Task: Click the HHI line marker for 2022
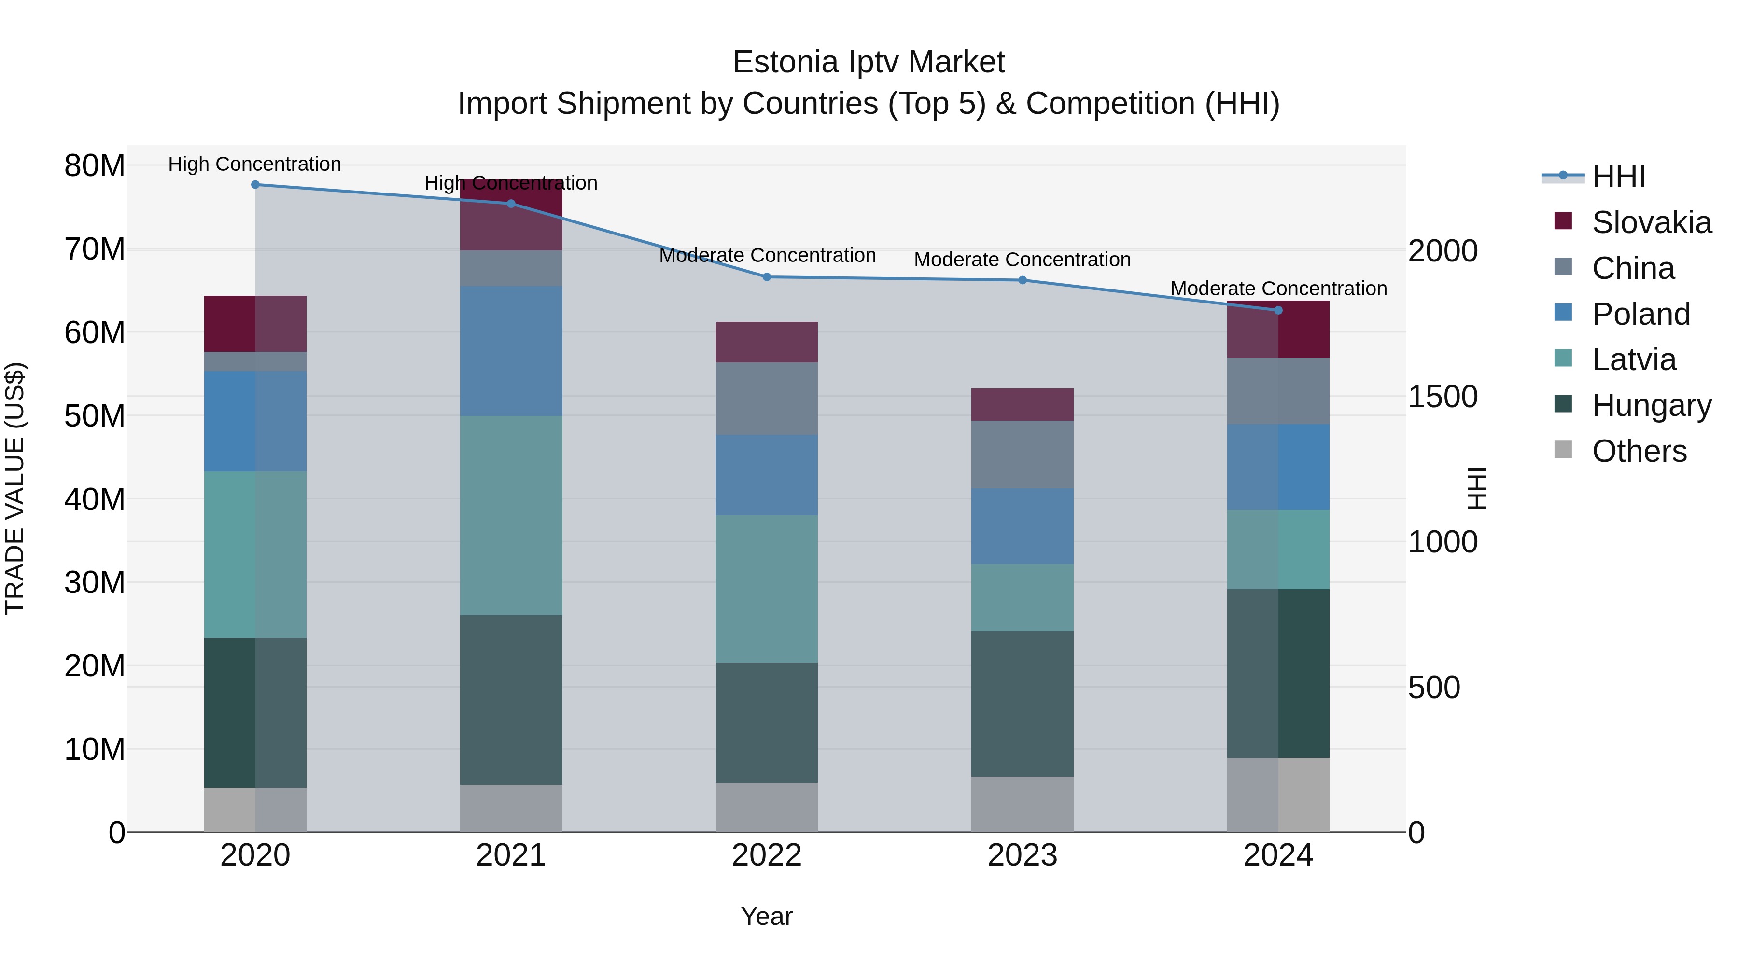point(767,277)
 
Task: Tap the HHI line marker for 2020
point(255,185)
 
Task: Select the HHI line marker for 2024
point(1278,310)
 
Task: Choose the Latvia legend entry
point(1633,359)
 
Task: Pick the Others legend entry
point(1638,451)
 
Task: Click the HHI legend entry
point(1618,177)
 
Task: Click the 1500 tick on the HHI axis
point(1443,397)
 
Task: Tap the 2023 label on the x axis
point(1022,855)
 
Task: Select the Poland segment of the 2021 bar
point(511,351)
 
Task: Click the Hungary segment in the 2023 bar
point(1022,703)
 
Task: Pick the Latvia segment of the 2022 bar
point(767,589)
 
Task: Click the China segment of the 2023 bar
point(1022,454)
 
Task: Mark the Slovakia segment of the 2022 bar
point(767,342)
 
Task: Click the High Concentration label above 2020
point(254,165)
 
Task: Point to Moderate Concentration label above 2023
point(1022,260)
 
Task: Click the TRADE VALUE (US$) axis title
point(15,488)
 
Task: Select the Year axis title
point(767,916)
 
